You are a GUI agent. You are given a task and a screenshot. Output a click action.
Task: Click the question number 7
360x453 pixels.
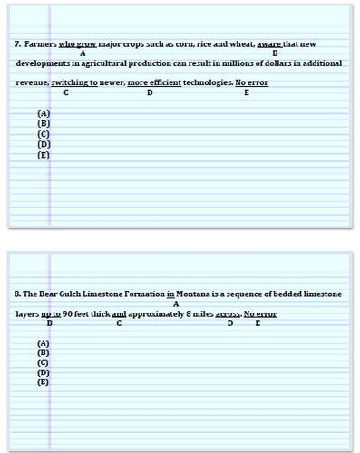tap(17, 43)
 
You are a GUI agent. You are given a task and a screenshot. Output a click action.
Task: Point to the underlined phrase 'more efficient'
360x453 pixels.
tap(150, 82)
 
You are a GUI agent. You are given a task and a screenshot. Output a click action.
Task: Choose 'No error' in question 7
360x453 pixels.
tap(251, 82)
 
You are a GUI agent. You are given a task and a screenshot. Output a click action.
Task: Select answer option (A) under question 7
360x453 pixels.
tap(44, 112)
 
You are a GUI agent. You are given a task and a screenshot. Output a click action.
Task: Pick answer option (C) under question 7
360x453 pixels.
tap(44, 134)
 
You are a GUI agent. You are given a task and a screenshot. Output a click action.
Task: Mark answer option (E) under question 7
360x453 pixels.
tap(44, 155)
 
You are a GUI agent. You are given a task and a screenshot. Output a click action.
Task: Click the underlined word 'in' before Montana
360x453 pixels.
tap(170, 294)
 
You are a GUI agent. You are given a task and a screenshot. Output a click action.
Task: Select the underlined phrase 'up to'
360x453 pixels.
tap(51, 314)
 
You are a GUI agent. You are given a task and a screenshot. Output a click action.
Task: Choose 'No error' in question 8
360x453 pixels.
tap(260, 314)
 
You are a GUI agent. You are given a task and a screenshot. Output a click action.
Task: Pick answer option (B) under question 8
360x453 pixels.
tap(44, 352)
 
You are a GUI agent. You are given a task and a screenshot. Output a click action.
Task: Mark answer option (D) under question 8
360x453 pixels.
tap(44, 372)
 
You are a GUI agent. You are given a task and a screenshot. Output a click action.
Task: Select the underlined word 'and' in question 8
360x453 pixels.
tap(119, 314)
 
